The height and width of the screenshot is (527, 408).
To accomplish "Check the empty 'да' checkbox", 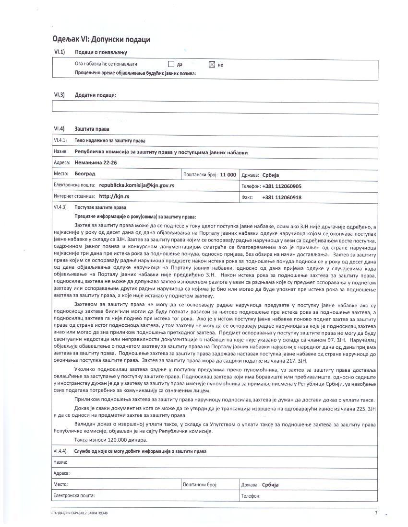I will pos(171,64).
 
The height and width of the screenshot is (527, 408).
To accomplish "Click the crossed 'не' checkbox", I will pos(212,64).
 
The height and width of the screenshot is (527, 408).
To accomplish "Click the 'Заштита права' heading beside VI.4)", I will pos(92,129).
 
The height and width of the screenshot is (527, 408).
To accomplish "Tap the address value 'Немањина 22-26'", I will pos(96,163).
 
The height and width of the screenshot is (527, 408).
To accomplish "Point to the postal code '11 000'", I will pos(228,175).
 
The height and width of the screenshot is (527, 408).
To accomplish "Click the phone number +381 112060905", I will pos(282,186).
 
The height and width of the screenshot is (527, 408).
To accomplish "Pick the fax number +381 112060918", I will pos(282,197).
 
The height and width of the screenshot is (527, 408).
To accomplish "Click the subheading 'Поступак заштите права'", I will pos(100,208).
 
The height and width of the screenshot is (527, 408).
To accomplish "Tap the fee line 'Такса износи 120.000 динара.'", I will pos(111,440).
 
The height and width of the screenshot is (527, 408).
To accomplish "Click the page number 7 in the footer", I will pos(376,513).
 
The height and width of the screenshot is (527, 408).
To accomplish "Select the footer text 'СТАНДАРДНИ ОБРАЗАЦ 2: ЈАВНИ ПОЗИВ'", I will pos(79,513).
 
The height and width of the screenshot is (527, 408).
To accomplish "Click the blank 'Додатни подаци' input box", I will pos(215,108).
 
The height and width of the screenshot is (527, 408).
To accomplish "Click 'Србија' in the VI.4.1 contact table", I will pos(271,175).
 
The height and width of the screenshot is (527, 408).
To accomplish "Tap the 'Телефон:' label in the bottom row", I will pos(251,496).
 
